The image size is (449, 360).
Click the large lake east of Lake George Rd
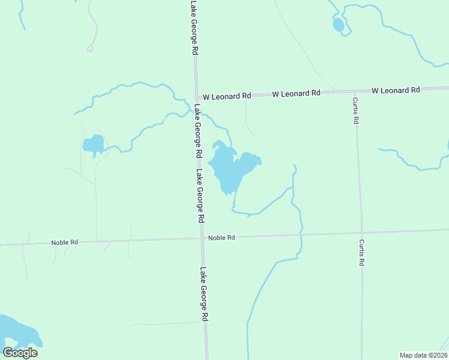tap(228, 168)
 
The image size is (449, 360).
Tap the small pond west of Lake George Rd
tap(94, 144)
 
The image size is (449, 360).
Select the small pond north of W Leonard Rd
tap(339, 25)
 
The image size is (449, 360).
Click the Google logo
tap(20, 352)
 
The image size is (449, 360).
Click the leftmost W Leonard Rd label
tap(226, 96)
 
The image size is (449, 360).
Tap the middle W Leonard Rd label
tap(296, 94)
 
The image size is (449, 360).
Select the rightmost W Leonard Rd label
tap(396, 91)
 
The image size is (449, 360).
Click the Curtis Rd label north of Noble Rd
tap(355, 110)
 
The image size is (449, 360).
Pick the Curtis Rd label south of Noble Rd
tap(362, 253)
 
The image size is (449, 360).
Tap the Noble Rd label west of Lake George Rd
tap(65, 242)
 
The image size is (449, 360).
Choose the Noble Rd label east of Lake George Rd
tap(221, 238)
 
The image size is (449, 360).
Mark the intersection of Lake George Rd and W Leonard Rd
tap(196, 97)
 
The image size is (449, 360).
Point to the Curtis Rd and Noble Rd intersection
tap(361, 233)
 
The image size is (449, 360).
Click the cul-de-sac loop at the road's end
tap(90, 49)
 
